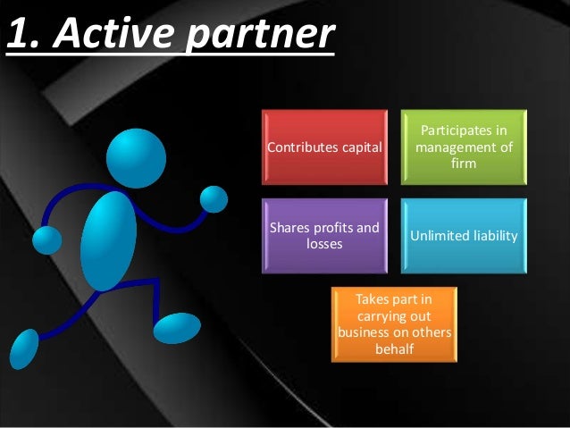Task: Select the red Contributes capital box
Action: (324, 147)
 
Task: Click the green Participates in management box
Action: (464, 147)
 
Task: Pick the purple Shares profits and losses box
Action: (324, 235)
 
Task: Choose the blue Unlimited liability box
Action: (464, 235)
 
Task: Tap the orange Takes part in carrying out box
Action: (394, 323)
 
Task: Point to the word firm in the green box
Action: (464, 164)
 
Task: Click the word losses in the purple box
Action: (324, 243)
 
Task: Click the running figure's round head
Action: (137, 158)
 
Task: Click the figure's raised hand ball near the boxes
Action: (214, 198)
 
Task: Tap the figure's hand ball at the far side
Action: (46, 239)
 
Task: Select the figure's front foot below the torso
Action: (177, 327)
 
